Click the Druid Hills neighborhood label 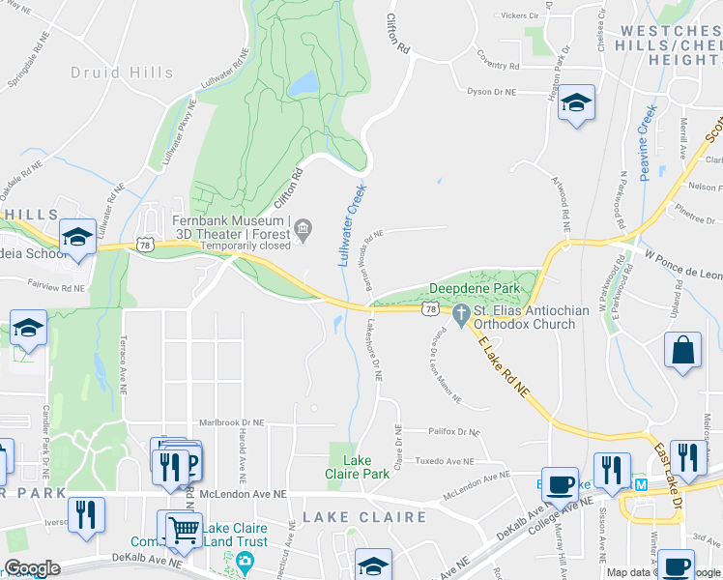point(122,72)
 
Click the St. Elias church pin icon point(460,313)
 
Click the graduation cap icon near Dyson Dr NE point(576,102)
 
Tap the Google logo point(32,568)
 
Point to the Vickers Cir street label point(520,16)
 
